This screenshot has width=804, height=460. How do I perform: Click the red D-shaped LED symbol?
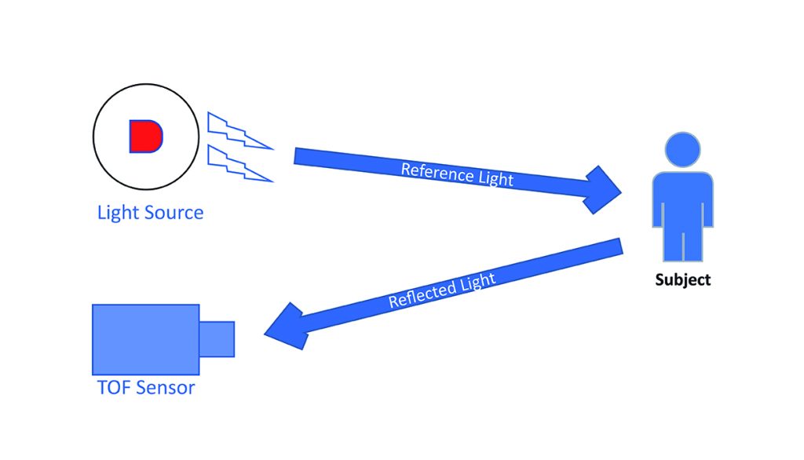click(145, 136)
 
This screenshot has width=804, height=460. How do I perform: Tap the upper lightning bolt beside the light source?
click(238, 131)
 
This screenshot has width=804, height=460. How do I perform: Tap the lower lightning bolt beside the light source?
click(238, 165)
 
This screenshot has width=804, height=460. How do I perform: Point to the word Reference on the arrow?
click(427, 170)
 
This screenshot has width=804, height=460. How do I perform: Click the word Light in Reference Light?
click(491, 178)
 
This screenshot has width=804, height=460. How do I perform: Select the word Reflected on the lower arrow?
click(421, 294)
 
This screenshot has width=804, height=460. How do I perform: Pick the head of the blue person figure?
click(682, 148)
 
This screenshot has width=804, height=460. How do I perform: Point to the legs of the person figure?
click(682, 244)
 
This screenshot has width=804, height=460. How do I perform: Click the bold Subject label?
click(683, 279)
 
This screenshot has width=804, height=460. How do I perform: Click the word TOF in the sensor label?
click(114, 388)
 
